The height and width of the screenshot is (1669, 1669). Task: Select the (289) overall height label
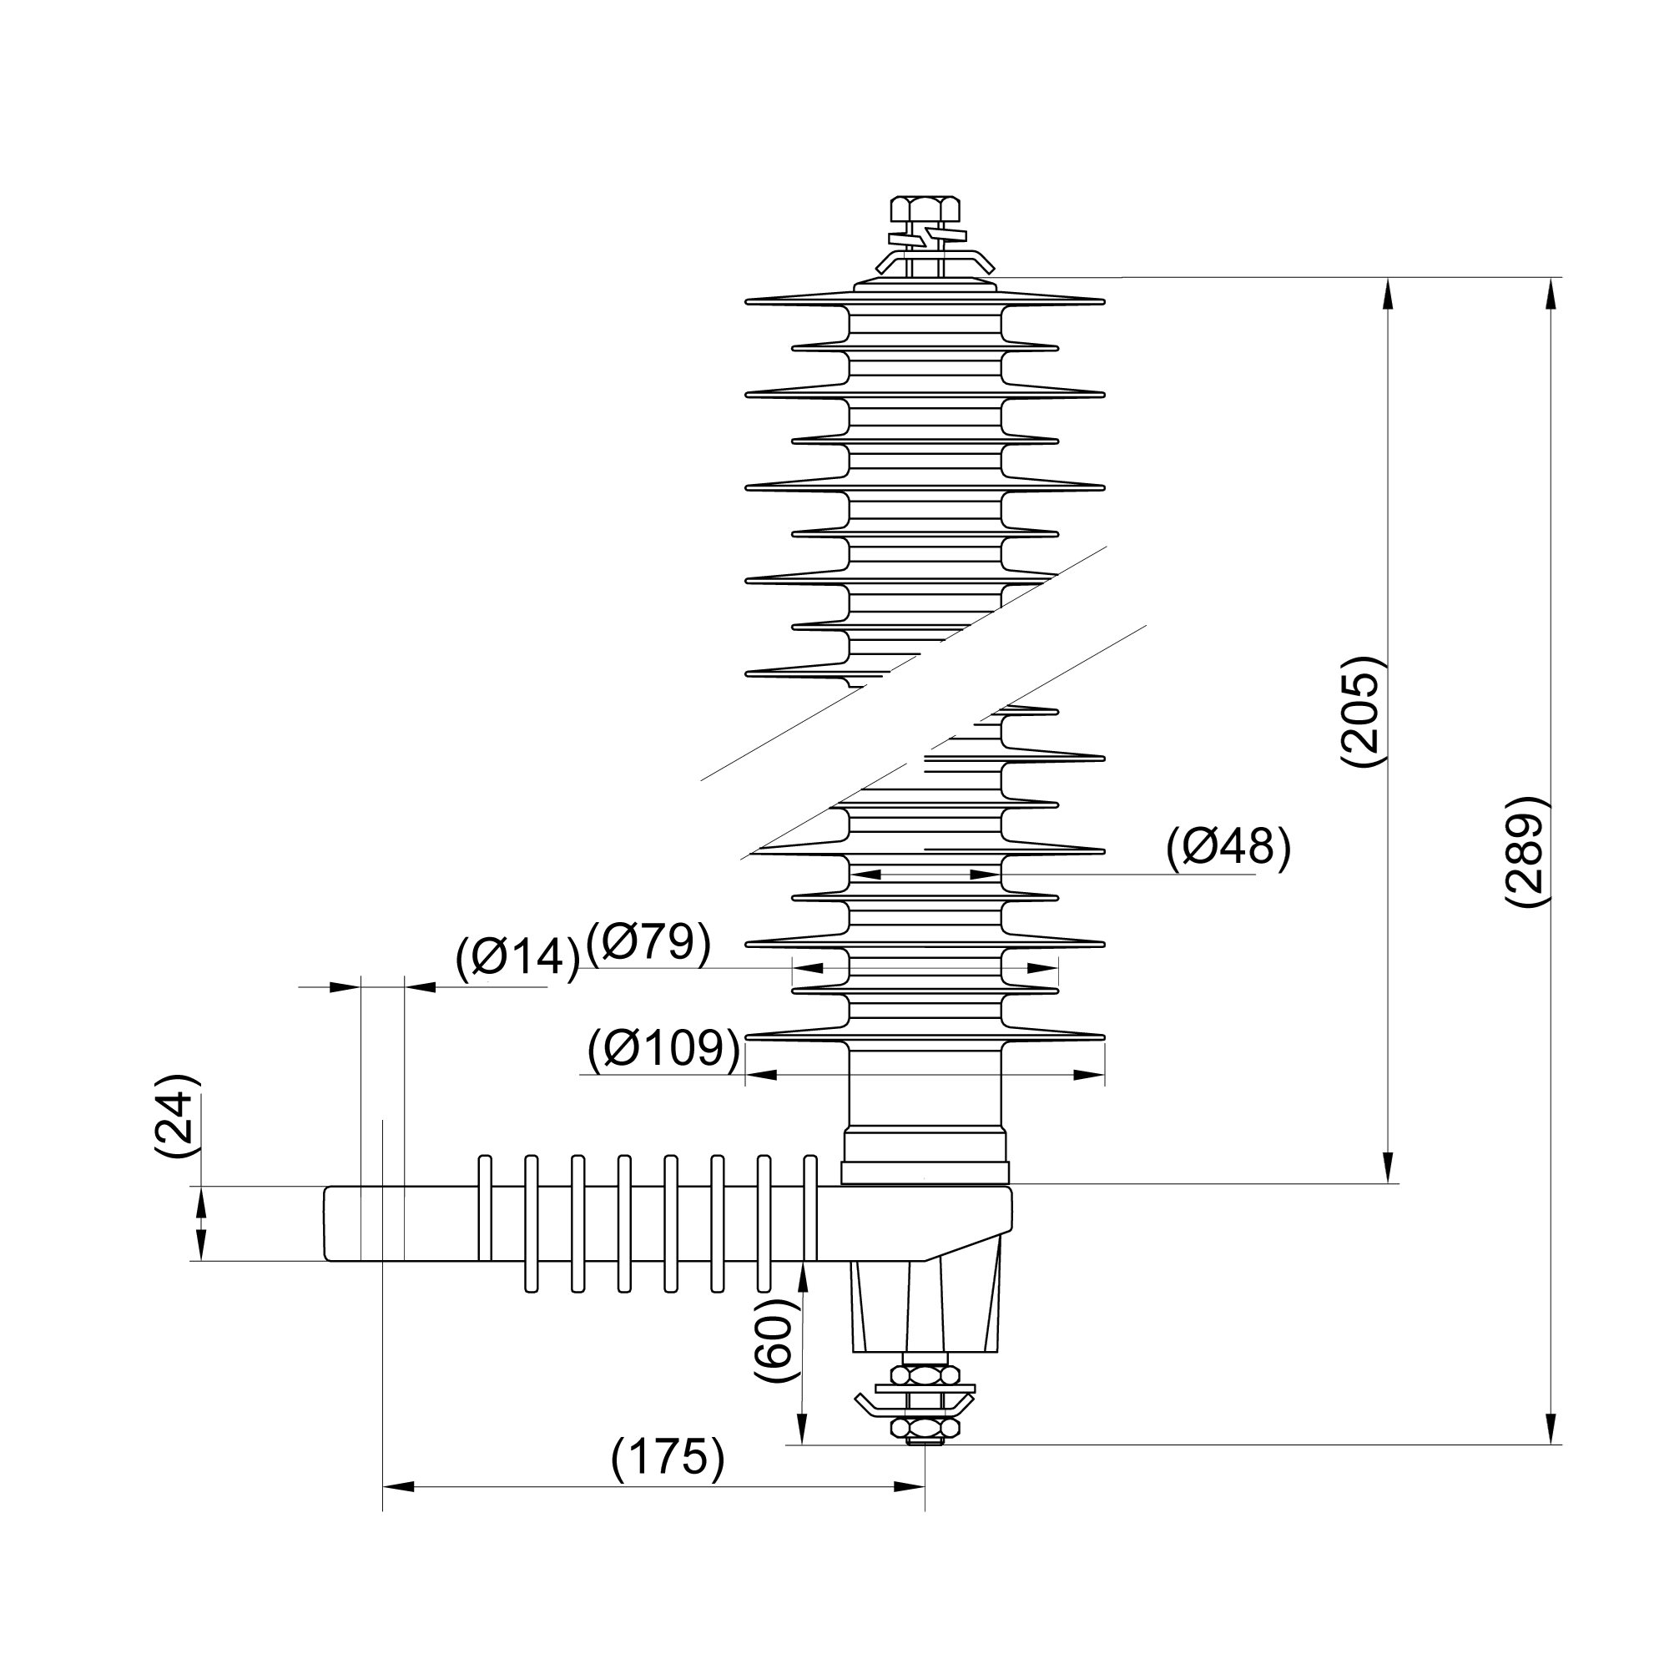[1526, 851]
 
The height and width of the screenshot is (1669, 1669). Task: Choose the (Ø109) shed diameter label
[663, 1049]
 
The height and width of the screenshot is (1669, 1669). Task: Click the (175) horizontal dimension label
[668, 1458]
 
